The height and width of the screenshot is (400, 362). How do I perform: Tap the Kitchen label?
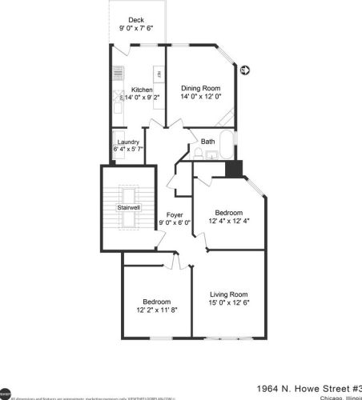pos(142,90)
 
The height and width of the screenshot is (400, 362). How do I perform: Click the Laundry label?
pos(128,142)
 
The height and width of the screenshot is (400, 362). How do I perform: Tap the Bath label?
pos(208,142)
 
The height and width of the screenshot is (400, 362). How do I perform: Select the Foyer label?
pos(174,215)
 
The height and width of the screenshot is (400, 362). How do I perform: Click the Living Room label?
pos(228,294)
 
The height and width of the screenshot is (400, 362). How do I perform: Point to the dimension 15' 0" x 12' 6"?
pos(228,303)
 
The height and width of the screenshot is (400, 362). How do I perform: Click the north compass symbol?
pos(244,70)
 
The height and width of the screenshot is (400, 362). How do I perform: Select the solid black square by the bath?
pos(234,169)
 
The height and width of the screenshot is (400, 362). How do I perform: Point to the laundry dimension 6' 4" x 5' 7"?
pos(128,150)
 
